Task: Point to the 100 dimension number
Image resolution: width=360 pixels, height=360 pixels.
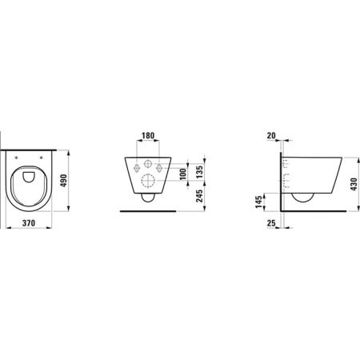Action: pyautogui.click(x=182, y=174)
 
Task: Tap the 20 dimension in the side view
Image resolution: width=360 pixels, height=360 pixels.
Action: pyautogui.click(x=274, y=136)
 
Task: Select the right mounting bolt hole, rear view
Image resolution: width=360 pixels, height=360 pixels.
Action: pyautogui.click(x=162, y=167)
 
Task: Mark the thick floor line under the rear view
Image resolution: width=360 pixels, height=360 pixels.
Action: pyautogui.click(x=146, y=211)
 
